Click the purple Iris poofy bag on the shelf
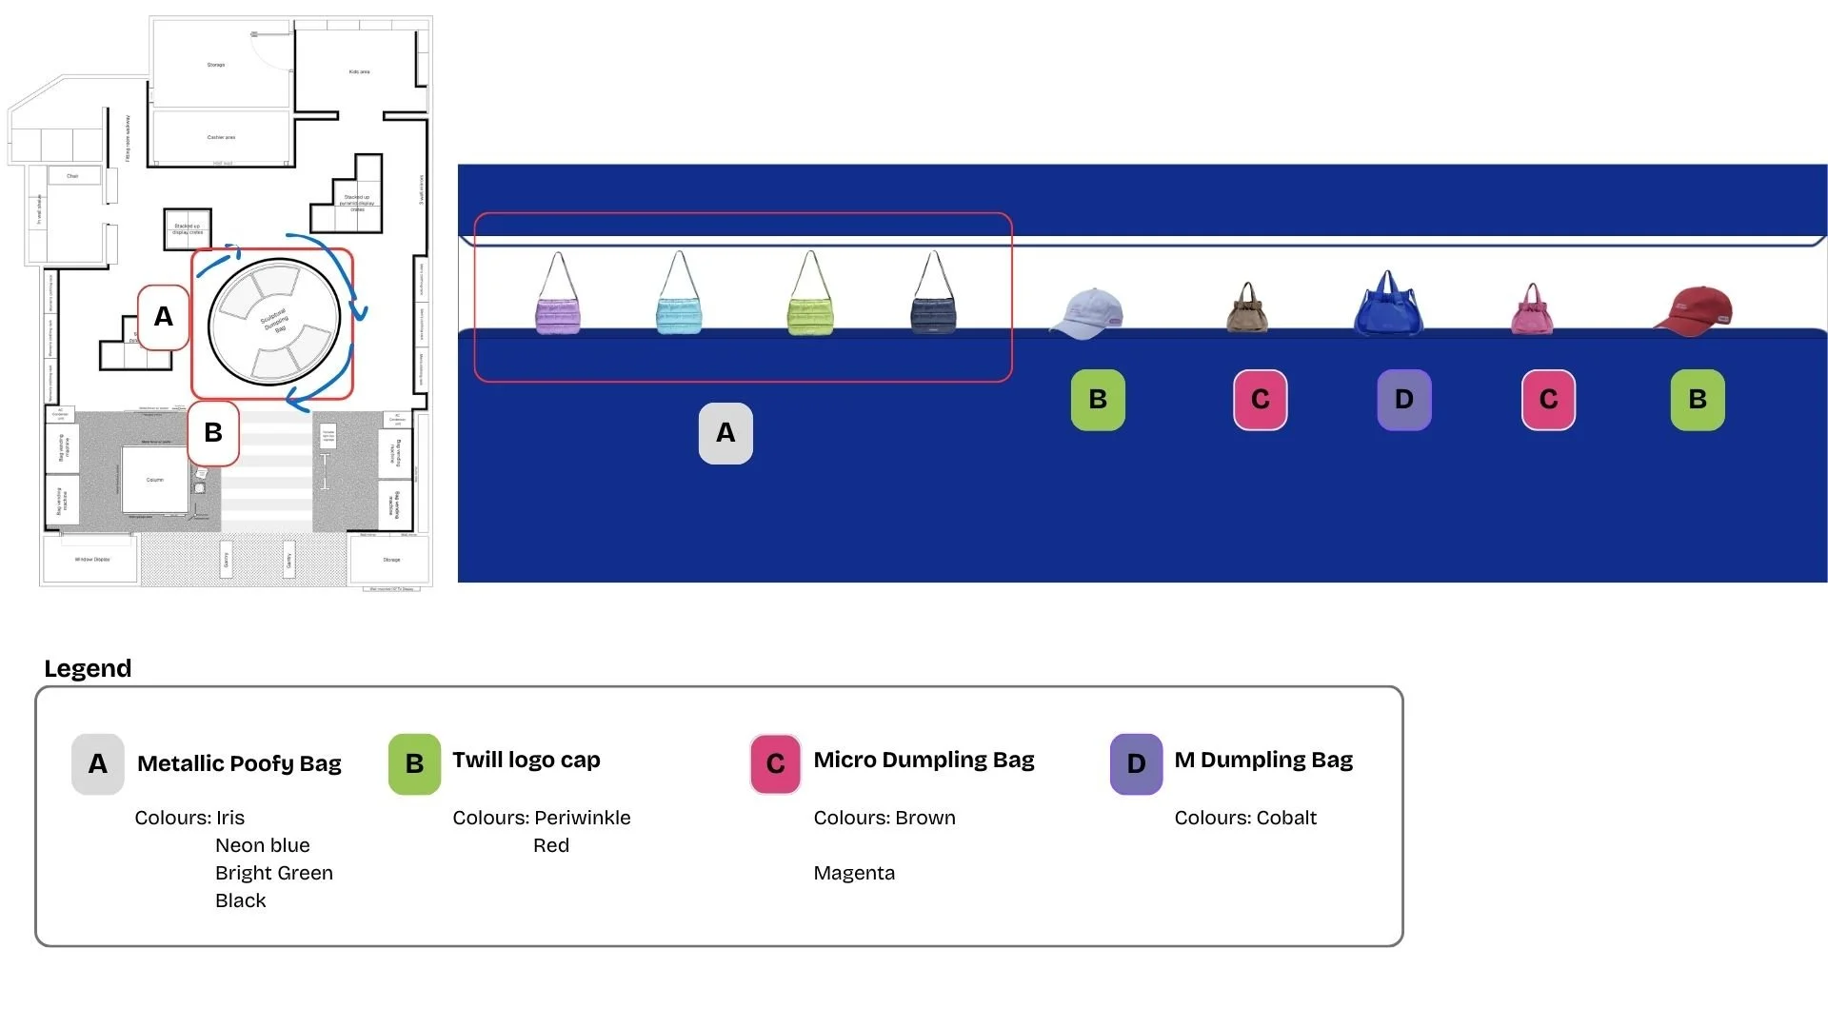[x=558, y=312]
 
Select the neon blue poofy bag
[x=679, y=312]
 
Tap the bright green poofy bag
[x=810, y=312]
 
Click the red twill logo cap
[x=1695, y=310]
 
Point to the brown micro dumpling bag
[x=1247, y=309]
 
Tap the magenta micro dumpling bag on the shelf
[x=1532, y=311]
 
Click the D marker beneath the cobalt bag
[x=1403, y=400]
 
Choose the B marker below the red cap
[x=1697, y=400]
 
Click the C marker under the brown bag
[x=1260, y=400]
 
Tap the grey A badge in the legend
[x=98, y=763]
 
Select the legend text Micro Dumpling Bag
[x=924, y=760]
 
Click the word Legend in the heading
[x=88, y=668]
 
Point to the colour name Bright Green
[x=274, y=873]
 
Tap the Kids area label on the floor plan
[x=359, y=72]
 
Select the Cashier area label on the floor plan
[x=221, y=138]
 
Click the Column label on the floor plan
[x=155, y=480]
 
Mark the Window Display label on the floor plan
[x=92, y=560]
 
